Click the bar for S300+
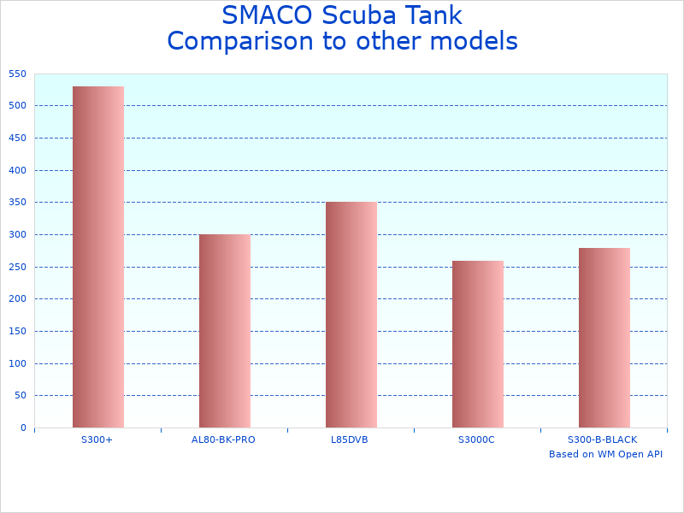98,256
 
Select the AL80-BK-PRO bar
225,331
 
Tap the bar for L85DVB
351,315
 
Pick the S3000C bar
478,344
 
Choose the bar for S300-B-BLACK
604,338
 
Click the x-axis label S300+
97,439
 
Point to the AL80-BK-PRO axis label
223,439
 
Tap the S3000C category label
476,439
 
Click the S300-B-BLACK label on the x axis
603,439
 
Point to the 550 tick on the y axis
17,74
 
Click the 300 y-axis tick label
17,234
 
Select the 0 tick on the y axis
23,427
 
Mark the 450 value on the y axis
17,138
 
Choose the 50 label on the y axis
20,395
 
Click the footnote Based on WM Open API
605,454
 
